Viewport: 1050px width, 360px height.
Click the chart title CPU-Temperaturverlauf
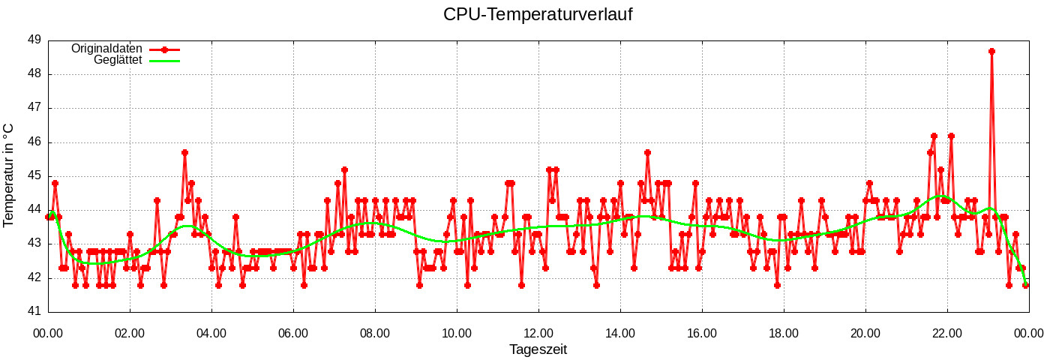point(538,14)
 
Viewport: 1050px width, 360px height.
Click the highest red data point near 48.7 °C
point(991,51)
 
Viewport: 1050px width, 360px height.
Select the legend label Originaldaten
point(106,49)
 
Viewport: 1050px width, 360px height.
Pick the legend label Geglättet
point(118,60)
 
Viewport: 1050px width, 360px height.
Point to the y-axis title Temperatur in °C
point(9,175)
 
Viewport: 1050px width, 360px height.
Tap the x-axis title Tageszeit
point(538,349)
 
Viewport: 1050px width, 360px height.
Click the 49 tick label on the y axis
point(34,40)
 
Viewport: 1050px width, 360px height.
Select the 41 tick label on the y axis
point(34,312)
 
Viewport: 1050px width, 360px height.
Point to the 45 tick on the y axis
point(34,176)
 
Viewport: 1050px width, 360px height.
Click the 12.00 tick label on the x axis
point(538,332)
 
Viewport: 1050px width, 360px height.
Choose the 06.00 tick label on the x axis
point(293,332)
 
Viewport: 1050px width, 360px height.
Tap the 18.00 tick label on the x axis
point(784,332)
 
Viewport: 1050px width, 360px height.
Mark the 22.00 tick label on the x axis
point(947,332)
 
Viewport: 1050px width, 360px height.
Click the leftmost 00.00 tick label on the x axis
point(48,332)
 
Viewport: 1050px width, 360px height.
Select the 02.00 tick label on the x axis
point(130,332)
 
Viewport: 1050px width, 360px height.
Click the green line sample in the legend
point(164,60)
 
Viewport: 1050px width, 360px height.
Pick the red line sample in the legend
point(164,49)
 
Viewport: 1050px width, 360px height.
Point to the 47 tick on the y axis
point(34,108)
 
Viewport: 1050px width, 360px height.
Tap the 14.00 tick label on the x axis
point(620,332)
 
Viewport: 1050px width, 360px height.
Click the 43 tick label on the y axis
point(34,244)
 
